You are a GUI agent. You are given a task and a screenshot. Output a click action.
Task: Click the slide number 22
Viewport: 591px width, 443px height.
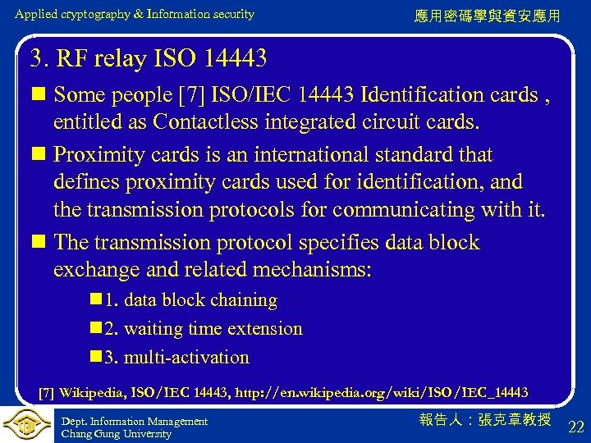576,427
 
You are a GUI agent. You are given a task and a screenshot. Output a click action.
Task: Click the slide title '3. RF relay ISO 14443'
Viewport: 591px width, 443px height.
149,58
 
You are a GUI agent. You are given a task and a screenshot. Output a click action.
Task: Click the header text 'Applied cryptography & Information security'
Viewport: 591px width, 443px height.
135,14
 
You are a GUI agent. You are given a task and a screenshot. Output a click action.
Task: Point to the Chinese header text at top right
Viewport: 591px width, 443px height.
488,16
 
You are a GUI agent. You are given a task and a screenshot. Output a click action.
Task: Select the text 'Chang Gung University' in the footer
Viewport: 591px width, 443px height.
117,434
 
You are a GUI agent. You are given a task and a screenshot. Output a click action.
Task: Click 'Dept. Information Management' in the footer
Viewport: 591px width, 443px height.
135,422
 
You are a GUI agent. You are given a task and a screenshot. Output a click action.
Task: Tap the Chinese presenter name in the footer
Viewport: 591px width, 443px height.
485,420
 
